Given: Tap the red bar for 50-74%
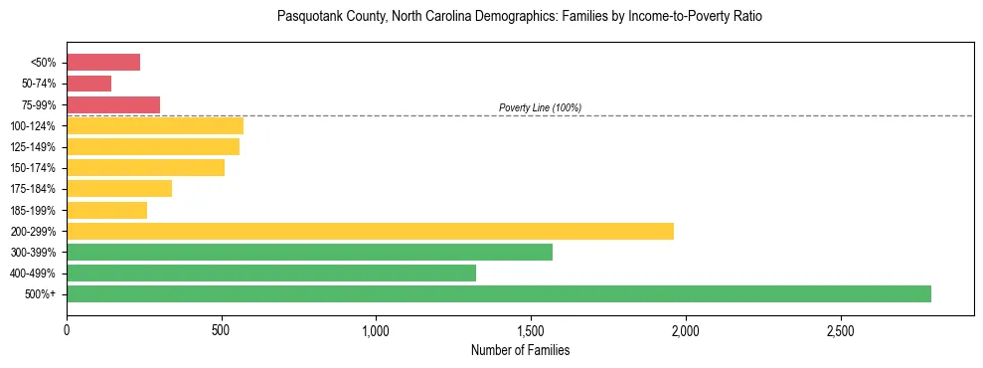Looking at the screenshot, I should [x=89, y=84].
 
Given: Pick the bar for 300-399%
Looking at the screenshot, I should [x=309, y=252].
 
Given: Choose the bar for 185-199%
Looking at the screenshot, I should [x=107, y=210].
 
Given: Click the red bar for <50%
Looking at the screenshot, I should [x=103, y=63].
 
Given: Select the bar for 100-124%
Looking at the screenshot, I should [x=155, y=125].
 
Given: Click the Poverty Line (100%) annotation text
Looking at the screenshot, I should [x=540, y=107].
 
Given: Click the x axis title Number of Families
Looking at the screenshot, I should [x=520, y=350].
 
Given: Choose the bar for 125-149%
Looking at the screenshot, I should [x=153, y=146].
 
